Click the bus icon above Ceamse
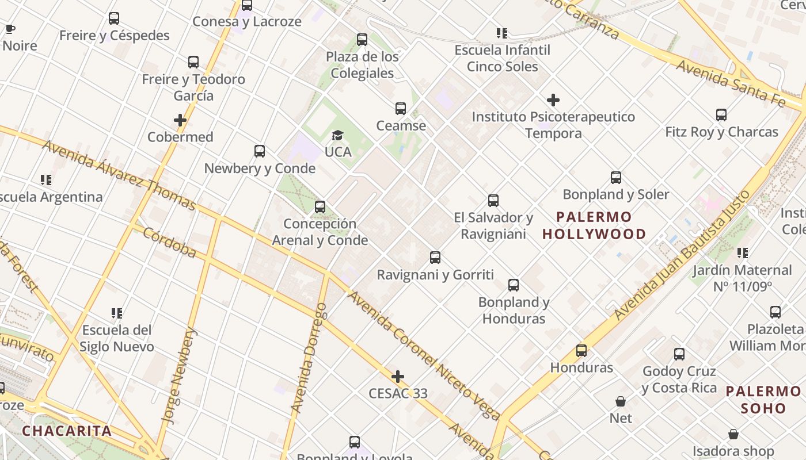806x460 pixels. pyautogui.click(x=400, y=109)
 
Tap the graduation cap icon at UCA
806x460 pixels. pyautogui.click(x=337, y=136)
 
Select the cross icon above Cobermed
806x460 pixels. pyautogui.click(x=180, y=120)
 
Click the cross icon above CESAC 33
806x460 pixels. pyautogui.click(x=397, y=377)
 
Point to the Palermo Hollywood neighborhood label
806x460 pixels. pyautogui.click(x=594, y=225)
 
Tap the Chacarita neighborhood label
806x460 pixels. pyautogui.click(x=67, y=431)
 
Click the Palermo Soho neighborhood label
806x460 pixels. pyautogui.click(x=763, y=400)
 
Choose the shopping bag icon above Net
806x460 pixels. pyautogui.click(x=621, y=401)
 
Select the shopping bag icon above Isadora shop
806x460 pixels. pyautogui.click(x=733, y=434)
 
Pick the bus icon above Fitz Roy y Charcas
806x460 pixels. pyautogui.click(x=721, y=115)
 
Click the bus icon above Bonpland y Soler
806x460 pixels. pyautogui.click(x=615, y=178)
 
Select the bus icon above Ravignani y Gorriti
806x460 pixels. pyautogui.click(x=435, y=258)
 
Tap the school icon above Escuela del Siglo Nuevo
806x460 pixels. pyautogui.click(x=117, y=313)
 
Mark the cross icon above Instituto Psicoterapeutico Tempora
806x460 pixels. pyautogui.click(x=553, y=100)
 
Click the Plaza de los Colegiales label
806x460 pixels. pyautogui.click(x=362, y=65)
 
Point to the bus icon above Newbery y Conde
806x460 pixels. pyautogui.click(x=260, y=151)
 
